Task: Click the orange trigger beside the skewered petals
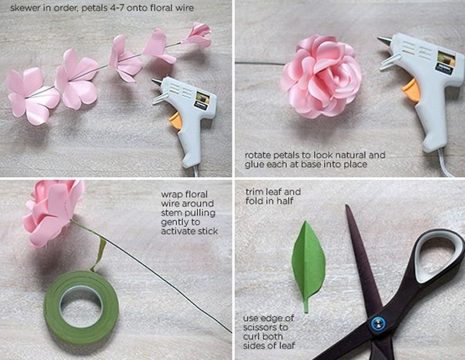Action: [x=176, y=120]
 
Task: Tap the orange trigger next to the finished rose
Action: [x=412, y=89]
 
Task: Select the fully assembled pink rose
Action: [x=321, y=76]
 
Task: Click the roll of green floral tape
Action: [x=82, y=307]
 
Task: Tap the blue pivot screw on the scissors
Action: [x=379, y=324]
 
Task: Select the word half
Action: [x=285, y=201]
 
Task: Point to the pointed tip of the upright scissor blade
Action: [x=346, y=205]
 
